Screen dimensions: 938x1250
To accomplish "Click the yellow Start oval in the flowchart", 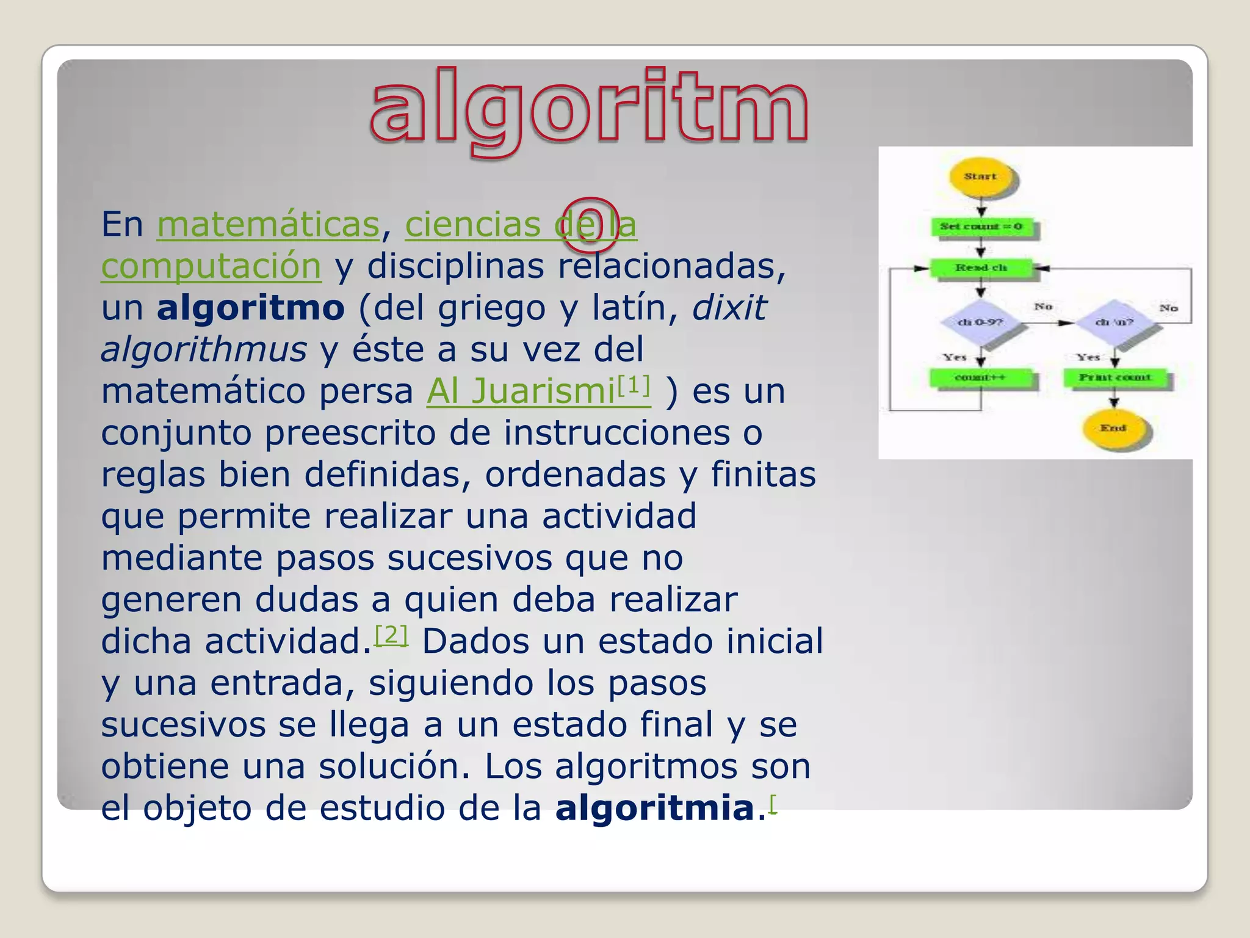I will [x=981, y=177].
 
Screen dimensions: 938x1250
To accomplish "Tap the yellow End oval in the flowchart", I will [x=1113, y=428].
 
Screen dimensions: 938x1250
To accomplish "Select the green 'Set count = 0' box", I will [x=981, y=227].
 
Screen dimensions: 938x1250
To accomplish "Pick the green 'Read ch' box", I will [x=981, y=267].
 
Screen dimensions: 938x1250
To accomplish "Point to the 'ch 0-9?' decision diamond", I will [x=980, y=322].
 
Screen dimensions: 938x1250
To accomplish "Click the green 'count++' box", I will [x=980, y=377].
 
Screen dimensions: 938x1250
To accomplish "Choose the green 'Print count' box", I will [x=1115, y=377].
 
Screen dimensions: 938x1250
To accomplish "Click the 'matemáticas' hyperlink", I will [x=269, y=224].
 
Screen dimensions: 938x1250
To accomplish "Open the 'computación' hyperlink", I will [x=211, y=266].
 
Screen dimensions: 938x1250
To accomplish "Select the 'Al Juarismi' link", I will [x=521, y=391].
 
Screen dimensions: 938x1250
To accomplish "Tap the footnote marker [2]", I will [x=391, y=635].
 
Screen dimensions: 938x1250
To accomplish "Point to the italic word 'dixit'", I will [x=729, y=307].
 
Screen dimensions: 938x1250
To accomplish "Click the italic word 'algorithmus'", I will [x=204, y=349].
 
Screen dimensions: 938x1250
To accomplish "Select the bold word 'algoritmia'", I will [x=655, y=808].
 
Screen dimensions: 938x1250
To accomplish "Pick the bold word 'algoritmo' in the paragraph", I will [x=251, y=307].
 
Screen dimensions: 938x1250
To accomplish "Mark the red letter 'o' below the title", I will [x=590, y=224].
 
